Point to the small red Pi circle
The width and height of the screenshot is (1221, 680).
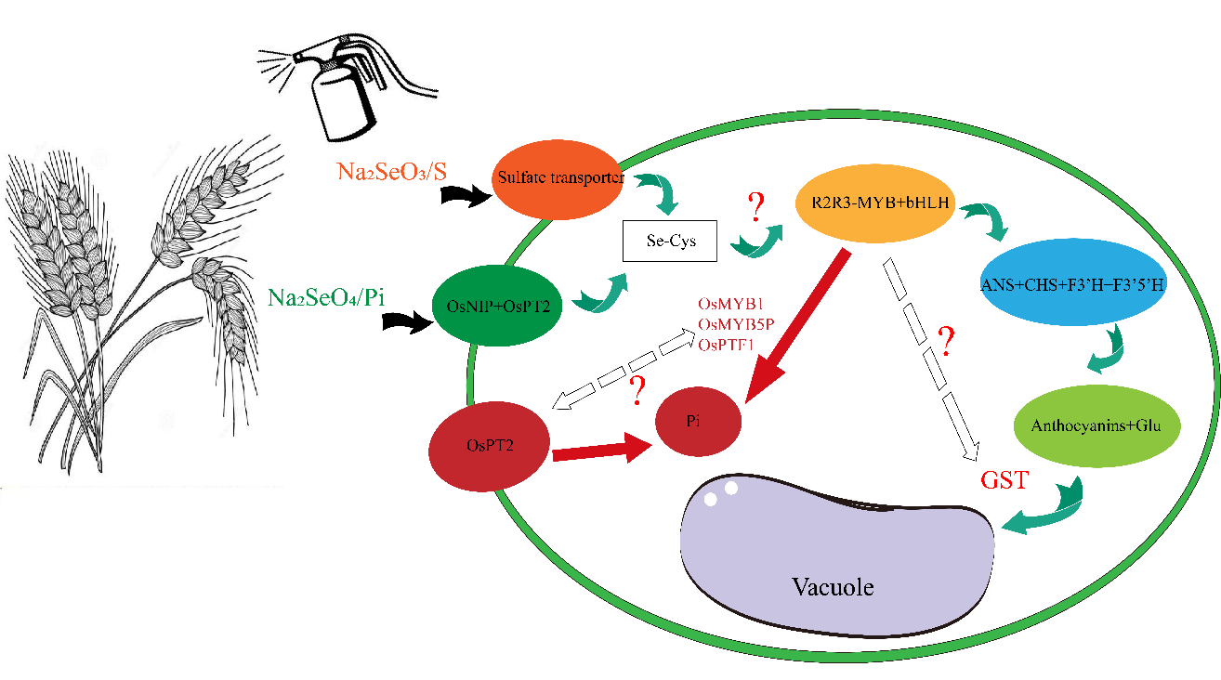[x=699, y=422]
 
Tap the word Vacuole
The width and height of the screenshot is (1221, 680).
[x=834, y=587]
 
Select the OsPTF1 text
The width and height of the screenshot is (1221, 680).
[x=725, y=345]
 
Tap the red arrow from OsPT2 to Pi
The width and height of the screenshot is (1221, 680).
[x=599, y=451]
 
